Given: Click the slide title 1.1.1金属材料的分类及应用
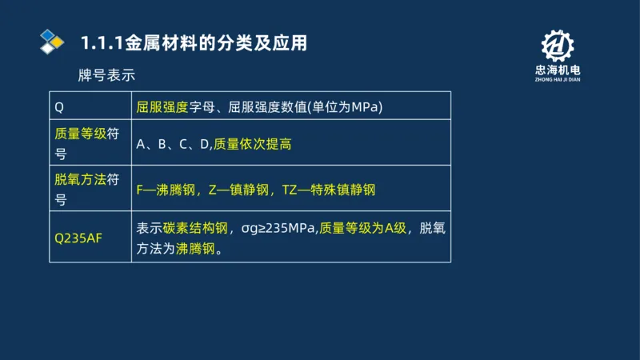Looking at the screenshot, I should (x=194, y=43).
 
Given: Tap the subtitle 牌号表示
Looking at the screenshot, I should (x=107, y=75).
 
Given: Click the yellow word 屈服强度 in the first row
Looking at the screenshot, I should (x=162, y=106).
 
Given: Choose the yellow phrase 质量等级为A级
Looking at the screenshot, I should (x=362, y=228).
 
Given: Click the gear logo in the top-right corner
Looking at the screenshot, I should (x=557, y=46).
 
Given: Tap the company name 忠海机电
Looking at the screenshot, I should (x=557, y=71).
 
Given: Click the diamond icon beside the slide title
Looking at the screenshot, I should (x=52, y=41).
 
